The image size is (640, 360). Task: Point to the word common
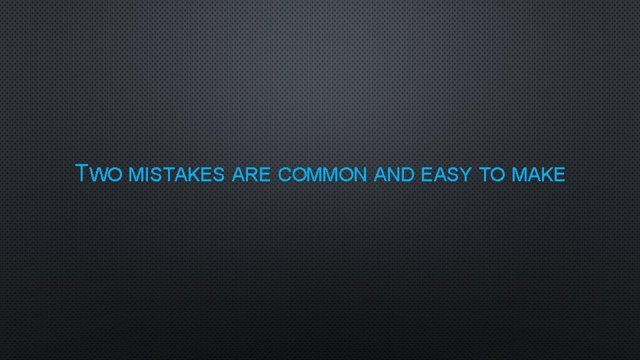(322, 176)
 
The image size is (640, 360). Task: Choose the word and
(395, 176)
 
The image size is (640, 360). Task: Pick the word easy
(447, 176)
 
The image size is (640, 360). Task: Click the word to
(492, 176)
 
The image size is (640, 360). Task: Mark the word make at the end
(539, 176)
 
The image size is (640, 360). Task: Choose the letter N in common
(360, 176)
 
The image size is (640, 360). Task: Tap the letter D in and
(408, 176)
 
